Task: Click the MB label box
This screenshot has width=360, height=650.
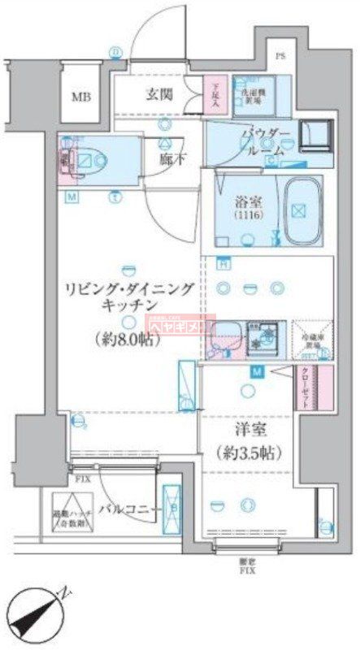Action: (80, 97)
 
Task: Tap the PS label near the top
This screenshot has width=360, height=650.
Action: (280, 56)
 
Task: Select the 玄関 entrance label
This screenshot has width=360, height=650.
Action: (158, 94)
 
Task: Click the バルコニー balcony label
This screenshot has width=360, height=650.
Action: (127, 509)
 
